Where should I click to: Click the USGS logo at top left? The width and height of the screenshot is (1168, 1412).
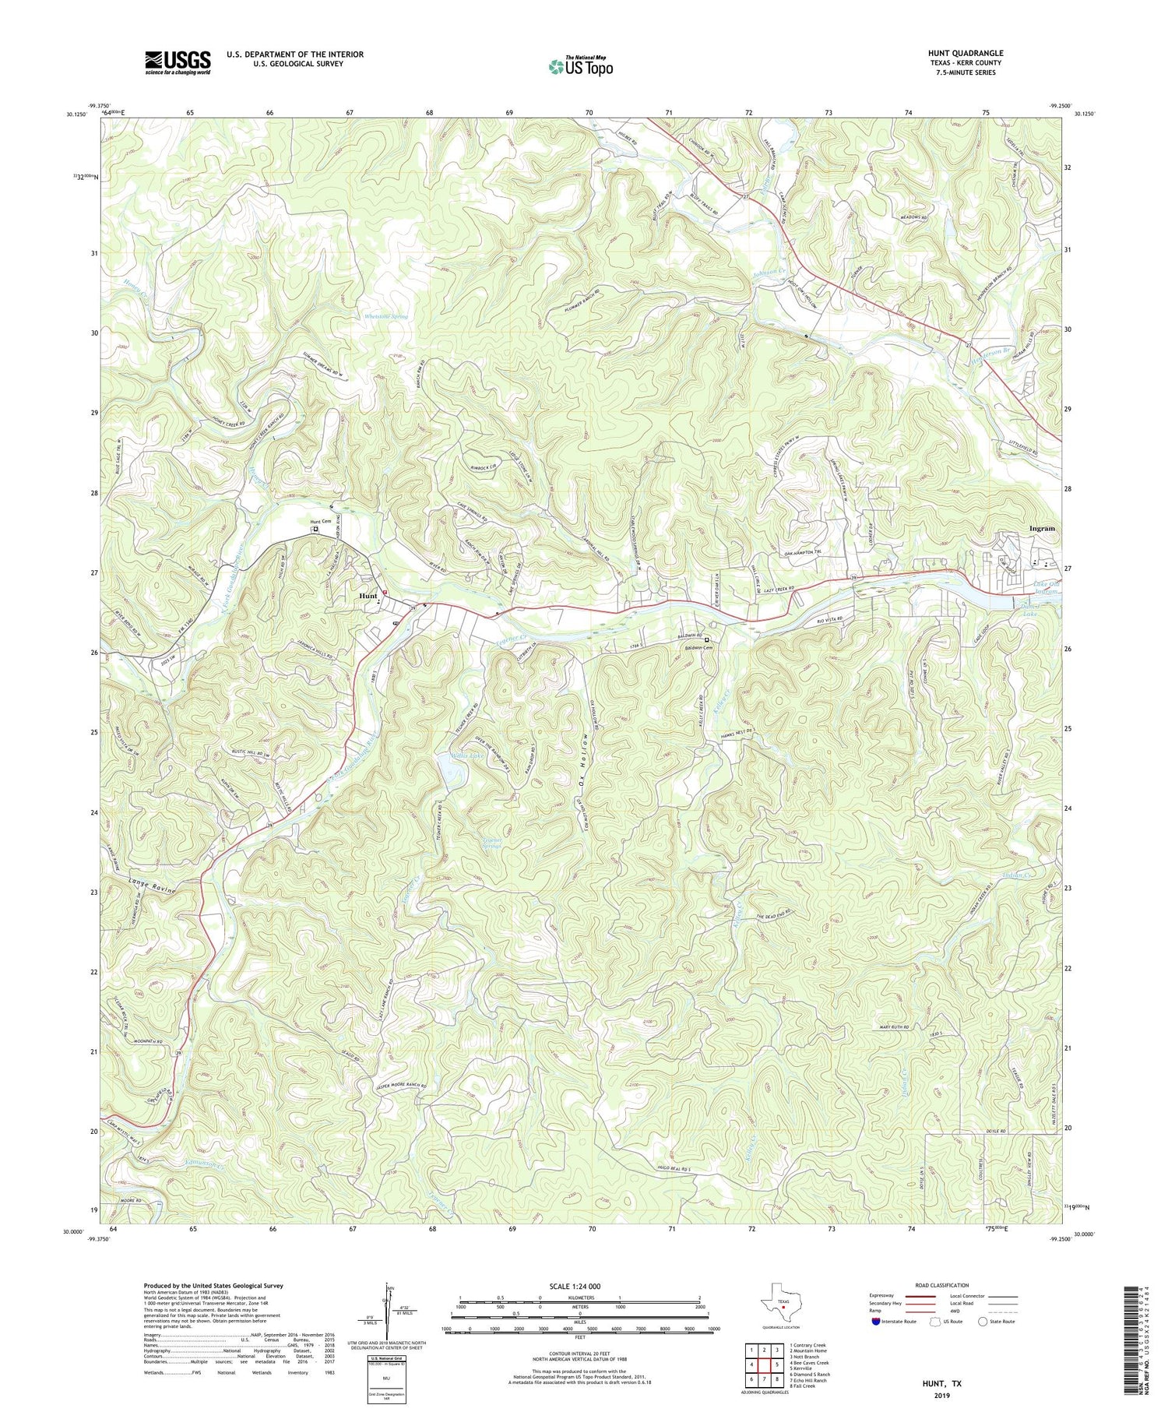click(x=178, y=62)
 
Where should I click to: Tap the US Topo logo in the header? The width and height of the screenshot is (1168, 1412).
click(x=581, y=67)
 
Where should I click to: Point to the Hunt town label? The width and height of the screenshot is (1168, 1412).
click(x=368, y=596)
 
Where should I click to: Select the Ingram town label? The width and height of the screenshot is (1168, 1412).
click(x=1042, y=528)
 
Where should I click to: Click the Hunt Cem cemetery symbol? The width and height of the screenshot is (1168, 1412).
click(x=315, y=530)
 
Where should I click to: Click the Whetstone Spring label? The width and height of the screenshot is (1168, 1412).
click(x=386, y=316)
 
